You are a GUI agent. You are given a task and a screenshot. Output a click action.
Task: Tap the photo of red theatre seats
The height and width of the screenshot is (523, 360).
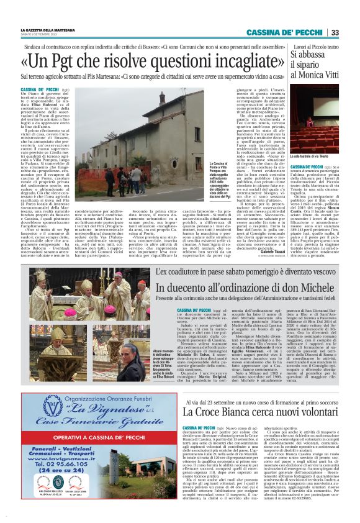(315, 122)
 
